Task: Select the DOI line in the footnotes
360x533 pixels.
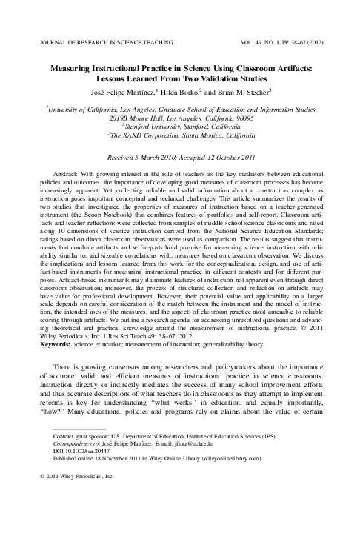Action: tap(82, 452)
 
